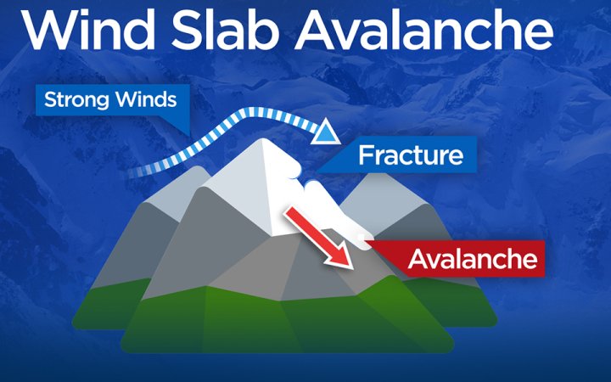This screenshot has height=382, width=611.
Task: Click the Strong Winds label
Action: click(110, 99)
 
